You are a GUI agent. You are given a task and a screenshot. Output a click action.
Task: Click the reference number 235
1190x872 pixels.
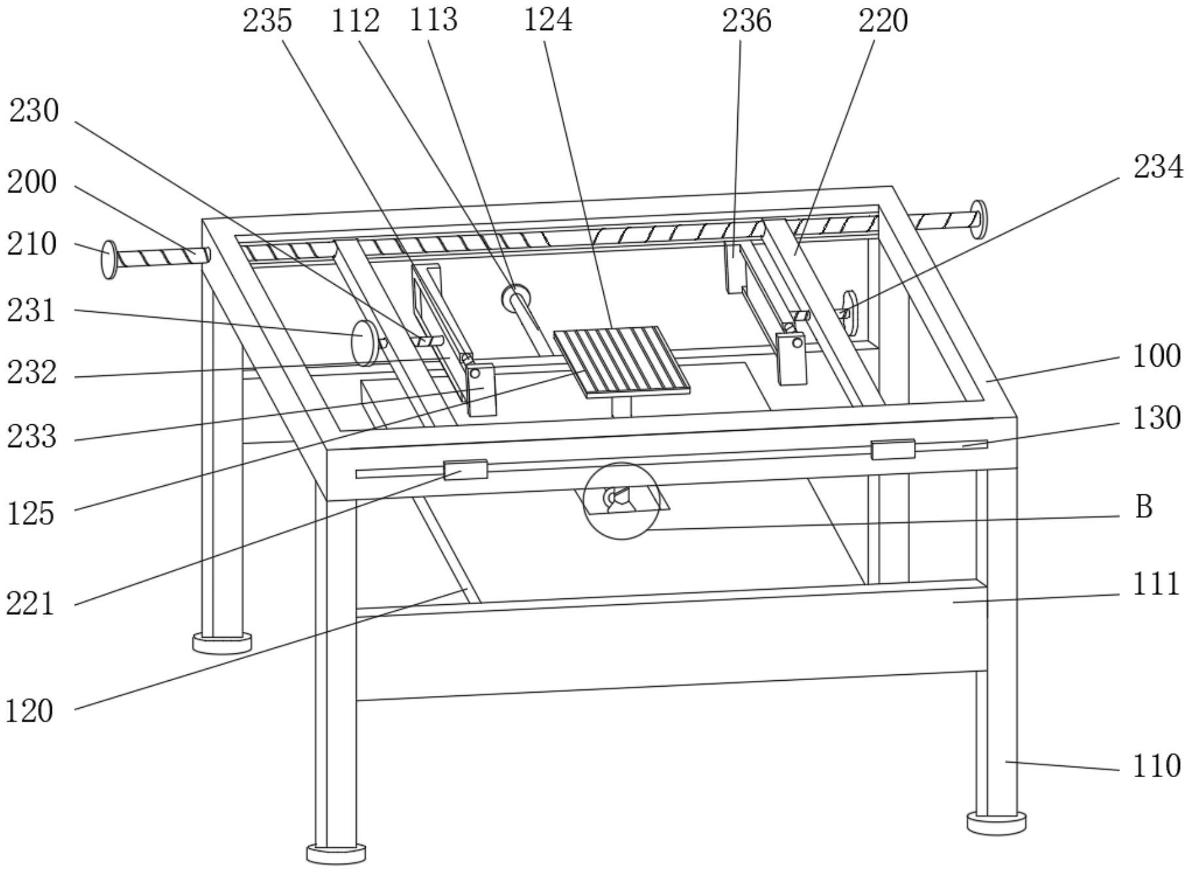pyautogui.click(x=267, y=21)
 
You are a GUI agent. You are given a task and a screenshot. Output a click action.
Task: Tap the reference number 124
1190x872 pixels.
pyautogui.click(x=548, y=20)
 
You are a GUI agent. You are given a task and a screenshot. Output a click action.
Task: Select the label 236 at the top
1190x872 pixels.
pyautogui.click(x=746, y=21)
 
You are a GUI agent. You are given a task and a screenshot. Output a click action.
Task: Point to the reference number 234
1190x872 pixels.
pyautogui.click(x=1158, y=167)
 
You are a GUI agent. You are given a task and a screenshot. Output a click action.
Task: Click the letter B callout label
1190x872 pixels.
pyautogui.click(x=1143, y=507)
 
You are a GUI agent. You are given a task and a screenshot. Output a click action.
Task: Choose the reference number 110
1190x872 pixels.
pyautogui.click(x=1157, y=765)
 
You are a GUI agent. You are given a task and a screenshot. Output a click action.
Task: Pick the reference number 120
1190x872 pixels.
pyautogui.click(x=29, y=710)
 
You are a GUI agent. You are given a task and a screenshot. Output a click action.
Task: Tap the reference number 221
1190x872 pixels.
pyautogui.click(x=29, y=603)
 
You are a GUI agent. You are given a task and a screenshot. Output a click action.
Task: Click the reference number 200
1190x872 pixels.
pyautogui.click(x=31, y=183)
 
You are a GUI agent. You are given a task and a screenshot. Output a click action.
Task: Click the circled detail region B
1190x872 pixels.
pyautogui.click(x=621, y=501)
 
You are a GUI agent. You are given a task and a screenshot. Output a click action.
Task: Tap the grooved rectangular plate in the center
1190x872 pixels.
pyautogui.click(x=621, y=361)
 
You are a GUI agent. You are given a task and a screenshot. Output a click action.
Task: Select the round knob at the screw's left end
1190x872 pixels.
pyautogui.click(x=109, y=259)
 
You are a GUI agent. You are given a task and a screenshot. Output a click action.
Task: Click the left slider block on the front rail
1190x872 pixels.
pyautogui.click(x=465, y=469)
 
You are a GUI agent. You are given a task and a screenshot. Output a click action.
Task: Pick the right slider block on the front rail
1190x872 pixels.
pyautogui.click(x=892, y=450)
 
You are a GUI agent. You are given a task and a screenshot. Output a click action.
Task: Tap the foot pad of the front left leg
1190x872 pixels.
pyautogui.click(x=336, y=852)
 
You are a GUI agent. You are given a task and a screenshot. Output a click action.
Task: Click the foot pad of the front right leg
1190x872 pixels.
pyautogui.click(x=996, y=822)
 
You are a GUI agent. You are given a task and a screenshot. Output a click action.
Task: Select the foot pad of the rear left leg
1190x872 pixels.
pyautogui.click(x=222, y=642)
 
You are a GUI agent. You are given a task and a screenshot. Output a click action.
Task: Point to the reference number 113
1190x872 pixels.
pyautogui.click(x=433, y=20)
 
